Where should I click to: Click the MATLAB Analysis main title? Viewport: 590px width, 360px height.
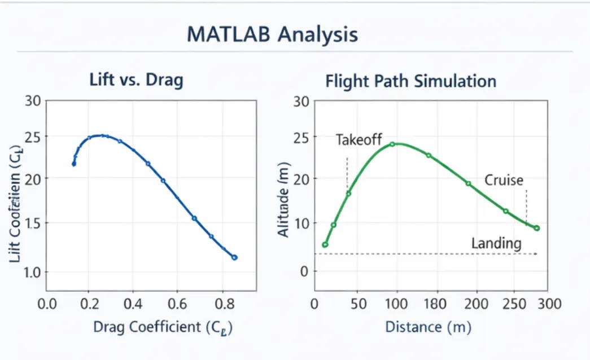pyautogui.click(x=272, y=35)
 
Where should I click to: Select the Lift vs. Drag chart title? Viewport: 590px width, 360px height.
pyautogui.click(x=137, y=80)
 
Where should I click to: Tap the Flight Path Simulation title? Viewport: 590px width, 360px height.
pyautogui.click(x=410, y=81)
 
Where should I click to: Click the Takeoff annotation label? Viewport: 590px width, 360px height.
pyautogui.click(x=359, y=140)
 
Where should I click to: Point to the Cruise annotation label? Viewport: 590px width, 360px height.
pyautogui.click(x=504, y=181)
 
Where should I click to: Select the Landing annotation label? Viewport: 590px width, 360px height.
pyautogui.click(x=496, y=244)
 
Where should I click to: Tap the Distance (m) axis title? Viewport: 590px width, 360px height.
pyautogui.click(x=428, y=327)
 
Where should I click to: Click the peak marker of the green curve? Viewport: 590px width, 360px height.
pyautogui.click(x=392, y=144)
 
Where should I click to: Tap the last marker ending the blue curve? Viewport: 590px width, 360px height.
pyautogui.click(x=235, y=257)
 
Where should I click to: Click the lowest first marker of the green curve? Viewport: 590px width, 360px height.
pyautogui.click(x=325, y=245)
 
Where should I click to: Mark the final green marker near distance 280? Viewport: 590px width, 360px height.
pyautogui.click(x=537, y=229)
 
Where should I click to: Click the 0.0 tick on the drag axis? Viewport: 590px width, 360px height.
pyautogui.click(x=47, y=304)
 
